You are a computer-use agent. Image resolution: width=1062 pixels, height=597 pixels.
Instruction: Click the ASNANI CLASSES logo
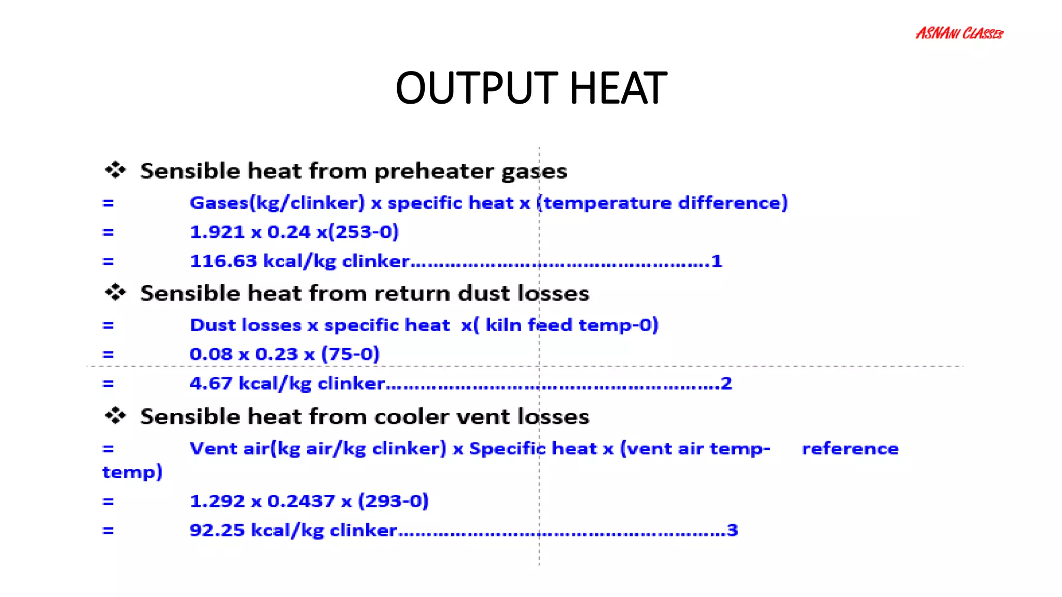959,34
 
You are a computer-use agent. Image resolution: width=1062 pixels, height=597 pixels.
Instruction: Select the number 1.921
217,232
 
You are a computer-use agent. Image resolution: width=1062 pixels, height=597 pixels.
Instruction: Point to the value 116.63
223,261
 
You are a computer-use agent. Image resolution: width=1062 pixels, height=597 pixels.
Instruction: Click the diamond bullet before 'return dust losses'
115,292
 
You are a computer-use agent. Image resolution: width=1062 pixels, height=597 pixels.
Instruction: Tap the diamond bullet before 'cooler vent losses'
115,415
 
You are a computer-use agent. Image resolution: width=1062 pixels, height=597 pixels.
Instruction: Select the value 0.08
211,354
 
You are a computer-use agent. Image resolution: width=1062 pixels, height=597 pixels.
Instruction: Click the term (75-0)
350,354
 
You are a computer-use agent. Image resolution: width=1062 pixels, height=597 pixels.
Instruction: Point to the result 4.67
211,383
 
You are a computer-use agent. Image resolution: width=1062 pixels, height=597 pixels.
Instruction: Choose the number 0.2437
301,501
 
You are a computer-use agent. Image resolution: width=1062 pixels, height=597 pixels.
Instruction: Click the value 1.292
217,501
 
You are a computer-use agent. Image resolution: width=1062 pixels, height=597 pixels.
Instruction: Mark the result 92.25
217,530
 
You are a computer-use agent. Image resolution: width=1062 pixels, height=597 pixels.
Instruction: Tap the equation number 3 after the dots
732,530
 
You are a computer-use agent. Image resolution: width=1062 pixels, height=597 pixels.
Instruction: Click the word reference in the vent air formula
850,449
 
